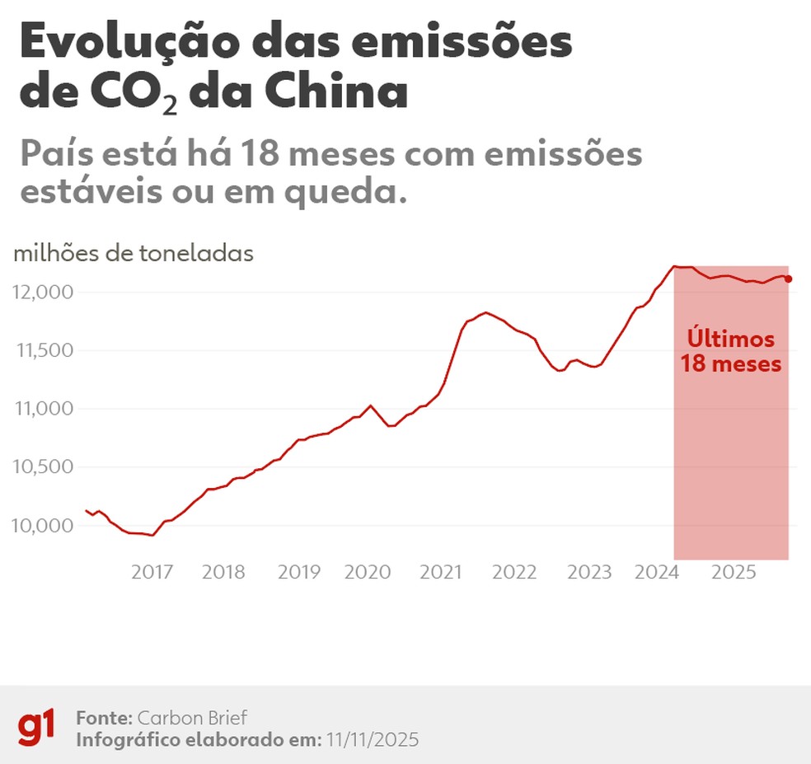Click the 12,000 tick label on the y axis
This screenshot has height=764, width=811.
point(45,293)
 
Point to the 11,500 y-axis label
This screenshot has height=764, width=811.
point(45,350)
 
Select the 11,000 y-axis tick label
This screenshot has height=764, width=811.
point(45,409)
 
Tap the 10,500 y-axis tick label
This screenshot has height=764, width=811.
point(45,466)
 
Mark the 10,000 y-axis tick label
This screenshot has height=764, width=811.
point(45,525)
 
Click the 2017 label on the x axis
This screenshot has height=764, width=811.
point(154,572)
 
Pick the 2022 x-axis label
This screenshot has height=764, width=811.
point(515,572)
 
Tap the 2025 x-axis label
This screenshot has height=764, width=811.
point(734,572)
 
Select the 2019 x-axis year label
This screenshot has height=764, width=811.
point(299,572)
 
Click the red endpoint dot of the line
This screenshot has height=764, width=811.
point(789,279)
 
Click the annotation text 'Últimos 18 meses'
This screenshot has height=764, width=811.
point(731,351)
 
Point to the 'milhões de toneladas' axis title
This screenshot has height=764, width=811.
point(134,254)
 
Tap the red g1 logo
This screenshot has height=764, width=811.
point(37,728)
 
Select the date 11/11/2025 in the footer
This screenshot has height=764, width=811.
point(371,740)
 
